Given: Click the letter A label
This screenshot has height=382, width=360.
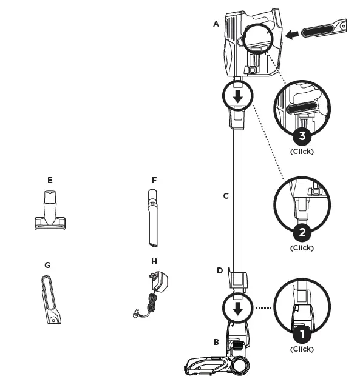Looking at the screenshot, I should (216, 24).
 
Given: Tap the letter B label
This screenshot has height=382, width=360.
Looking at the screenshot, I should (216, 343).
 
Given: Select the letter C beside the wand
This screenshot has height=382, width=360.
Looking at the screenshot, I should (226, 196).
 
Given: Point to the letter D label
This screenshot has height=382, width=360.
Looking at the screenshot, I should (220, 270).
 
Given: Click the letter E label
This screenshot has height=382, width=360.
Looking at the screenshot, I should (50, 180).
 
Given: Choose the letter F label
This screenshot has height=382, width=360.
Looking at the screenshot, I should (154, 180).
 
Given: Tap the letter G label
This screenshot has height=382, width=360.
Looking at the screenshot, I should (47, 265).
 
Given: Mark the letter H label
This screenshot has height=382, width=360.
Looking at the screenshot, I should (154, 261).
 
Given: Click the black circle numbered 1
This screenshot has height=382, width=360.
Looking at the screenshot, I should (302, 332).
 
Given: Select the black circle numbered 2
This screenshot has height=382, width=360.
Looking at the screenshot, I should (302, 232).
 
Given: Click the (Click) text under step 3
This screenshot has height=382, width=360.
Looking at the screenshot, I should (302, 151).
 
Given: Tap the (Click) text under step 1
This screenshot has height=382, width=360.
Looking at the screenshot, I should (302, 349).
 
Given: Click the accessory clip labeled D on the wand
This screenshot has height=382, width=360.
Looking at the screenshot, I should (237, 281).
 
